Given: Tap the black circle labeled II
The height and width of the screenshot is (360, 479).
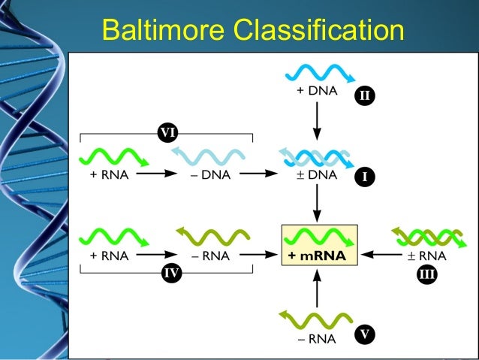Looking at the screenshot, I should coord(365,96).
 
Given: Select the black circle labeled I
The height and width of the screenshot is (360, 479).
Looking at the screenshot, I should coord(365,177).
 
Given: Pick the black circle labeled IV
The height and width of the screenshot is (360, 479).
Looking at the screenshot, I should coord(172,274).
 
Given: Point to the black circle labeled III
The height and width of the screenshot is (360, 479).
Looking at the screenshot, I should coord(426,274).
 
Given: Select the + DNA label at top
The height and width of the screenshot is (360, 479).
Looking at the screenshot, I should coord(317,93).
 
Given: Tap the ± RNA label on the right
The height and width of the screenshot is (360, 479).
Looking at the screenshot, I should coord(426,256).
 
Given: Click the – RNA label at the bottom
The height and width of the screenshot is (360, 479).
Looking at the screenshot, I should coord(316,339).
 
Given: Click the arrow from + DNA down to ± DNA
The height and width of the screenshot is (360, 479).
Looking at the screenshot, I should coord(317,120).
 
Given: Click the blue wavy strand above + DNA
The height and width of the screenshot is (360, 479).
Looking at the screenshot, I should coord(317,74).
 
